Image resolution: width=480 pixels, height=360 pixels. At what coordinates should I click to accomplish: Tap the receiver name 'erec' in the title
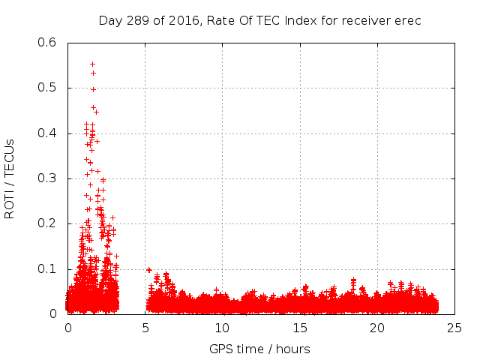(x=406, y=20)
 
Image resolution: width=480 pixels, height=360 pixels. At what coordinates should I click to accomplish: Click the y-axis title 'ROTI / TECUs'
(x=10, y=178)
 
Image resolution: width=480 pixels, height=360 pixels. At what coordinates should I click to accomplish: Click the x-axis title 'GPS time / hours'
(x=259, y=349)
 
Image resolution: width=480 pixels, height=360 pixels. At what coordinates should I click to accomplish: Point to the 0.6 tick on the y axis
(x=47, y=43)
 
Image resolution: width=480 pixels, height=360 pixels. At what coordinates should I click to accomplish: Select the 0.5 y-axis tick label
(x=47, y=88)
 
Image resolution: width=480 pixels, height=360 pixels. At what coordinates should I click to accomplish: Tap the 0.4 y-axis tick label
(x=47, y=133)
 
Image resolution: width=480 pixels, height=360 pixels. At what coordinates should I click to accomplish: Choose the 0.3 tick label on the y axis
(x=47, y=178)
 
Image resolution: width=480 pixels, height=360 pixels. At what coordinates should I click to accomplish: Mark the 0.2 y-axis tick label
(x=47, y=223)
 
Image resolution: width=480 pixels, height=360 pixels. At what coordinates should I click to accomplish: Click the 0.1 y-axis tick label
(x=47, y=269)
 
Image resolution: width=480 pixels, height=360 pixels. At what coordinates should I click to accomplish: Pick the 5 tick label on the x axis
(x=145, y=328)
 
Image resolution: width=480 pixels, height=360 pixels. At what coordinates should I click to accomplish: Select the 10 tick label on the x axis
(x=223, y=328)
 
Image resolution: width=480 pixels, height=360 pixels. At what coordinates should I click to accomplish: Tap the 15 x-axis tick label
(x=300, y=328)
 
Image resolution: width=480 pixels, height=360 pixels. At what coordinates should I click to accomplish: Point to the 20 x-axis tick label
(x=377, y=328)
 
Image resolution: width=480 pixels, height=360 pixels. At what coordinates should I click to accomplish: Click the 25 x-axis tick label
(x=454, y=328)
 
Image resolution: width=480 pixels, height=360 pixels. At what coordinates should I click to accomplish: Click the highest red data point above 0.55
(x=92, y=64)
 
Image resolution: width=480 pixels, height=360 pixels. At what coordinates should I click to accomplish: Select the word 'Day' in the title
(x=109, y=20)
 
